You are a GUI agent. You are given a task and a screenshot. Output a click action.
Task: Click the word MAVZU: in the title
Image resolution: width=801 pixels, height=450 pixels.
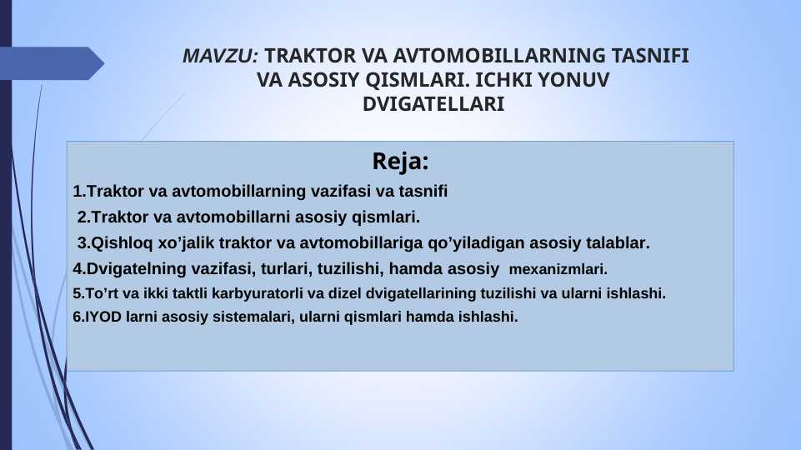point(221,57)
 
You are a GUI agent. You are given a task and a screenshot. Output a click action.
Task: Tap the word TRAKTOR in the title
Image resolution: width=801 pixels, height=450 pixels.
point(309,57)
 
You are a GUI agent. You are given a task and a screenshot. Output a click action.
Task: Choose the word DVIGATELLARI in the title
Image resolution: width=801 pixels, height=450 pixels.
point(433,106)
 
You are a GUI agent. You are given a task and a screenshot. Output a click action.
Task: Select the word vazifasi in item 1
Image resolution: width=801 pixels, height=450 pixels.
point(341,192)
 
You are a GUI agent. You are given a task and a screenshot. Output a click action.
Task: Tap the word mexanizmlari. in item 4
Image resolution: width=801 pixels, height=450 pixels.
point(558,270)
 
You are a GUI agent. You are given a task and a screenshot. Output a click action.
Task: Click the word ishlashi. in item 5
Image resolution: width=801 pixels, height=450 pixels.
point(637,294)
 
